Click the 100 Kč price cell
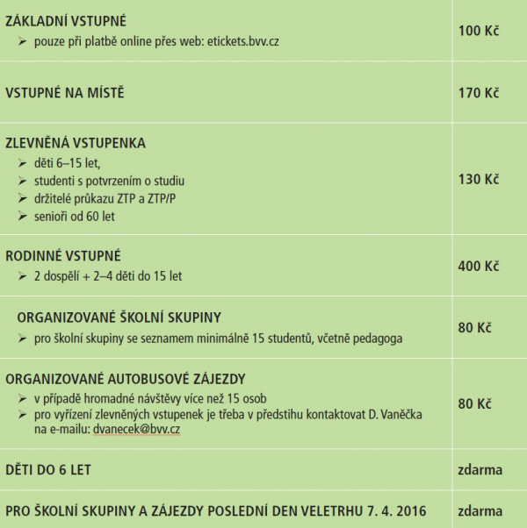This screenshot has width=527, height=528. [478, 31]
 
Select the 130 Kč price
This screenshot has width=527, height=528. [478, 179]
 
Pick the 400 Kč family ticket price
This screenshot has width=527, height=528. [478, 266]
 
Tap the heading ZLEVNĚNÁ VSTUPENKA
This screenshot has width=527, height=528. [76, 142]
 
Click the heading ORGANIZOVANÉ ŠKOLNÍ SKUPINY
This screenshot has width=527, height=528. [119, 317]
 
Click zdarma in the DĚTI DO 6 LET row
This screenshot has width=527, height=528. [480, 469]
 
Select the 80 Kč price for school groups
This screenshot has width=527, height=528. [474, 328]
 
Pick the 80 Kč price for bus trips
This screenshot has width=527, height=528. [474, 404]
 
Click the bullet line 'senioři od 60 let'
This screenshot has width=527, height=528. [75, 216]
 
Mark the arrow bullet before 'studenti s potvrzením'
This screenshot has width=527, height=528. [23, 181]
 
